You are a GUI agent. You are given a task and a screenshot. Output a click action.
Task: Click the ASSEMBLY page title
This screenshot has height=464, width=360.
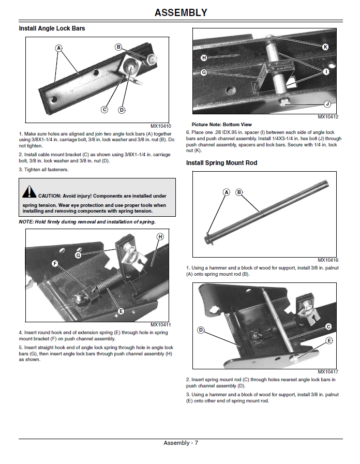[181, 12]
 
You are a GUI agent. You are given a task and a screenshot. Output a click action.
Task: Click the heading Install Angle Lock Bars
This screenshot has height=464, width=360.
[52, 28]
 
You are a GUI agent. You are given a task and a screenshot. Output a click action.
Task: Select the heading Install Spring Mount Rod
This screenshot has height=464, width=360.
[221, 163]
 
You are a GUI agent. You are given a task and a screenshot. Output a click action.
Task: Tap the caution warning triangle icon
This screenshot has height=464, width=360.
[29, 192]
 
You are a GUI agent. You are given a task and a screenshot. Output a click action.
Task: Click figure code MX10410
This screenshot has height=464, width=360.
[161, 126]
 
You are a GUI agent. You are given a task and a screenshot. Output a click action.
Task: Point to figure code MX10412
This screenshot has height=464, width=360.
[328, 117]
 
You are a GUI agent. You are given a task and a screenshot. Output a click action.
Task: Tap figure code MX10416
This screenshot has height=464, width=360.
[328, 260]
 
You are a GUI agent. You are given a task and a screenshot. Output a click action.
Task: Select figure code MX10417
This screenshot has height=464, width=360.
[328, 372]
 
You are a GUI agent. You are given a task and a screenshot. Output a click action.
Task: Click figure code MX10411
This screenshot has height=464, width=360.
[161, 325]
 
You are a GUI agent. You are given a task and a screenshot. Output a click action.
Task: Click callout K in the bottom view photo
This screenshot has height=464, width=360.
[325, 47]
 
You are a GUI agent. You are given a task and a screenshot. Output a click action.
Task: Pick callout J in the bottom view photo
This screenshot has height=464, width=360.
[327, 104]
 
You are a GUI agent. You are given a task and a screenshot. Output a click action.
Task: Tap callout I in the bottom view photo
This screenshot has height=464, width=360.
[326, 72]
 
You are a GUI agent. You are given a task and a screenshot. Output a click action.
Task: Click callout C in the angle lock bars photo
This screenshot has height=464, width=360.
[104, 110]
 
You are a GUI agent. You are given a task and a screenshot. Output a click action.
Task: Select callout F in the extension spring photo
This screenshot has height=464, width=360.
[55, 263]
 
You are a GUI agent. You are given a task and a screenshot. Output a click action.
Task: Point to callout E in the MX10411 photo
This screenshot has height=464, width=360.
[121, 311]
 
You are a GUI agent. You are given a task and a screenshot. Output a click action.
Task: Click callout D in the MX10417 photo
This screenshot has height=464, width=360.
[201, 330]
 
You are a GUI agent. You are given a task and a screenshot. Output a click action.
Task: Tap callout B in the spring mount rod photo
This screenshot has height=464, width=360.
[239, 192]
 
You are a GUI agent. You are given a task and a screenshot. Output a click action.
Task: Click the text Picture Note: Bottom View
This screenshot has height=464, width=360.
[221, 125]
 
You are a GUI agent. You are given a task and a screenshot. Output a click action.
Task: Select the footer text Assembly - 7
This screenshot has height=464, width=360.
[181, 443]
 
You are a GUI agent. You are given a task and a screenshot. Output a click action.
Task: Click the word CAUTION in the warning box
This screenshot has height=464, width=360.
[50, 196]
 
